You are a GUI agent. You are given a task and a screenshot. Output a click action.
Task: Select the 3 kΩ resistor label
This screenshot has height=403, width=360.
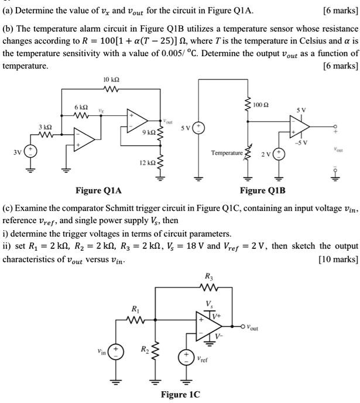44,128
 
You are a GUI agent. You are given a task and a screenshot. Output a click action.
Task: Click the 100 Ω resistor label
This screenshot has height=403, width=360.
262,105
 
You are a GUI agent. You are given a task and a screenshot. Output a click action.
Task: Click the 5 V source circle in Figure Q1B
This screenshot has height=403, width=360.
198,128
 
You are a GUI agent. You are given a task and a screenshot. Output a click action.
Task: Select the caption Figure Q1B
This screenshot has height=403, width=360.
263,191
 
